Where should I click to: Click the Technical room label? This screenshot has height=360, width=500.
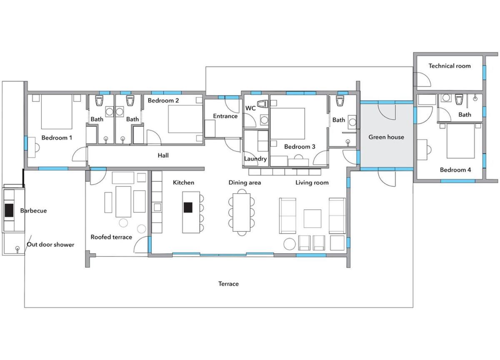450,66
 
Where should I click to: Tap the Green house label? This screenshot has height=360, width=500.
386,137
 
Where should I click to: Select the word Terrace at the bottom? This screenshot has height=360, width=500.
228,284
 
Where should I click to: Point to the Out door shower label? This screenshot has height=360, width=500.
50,245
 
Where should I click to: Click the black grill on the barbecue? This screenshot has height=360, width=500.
9,210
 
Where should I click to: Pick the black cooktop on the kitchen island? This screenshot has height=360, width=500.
188,207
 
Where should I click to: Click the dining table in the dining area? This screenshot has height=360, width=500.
241,212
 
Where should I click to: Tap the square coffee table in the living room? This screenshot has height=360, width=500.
312,218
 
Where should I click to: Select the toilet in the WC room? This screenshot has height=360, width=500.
262,104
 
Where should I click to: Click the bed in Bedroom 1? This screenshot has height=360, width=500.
57,112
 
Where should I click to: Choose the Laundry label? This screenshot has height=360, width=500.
255,159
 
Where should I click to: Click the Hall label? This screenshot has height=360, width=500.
163,155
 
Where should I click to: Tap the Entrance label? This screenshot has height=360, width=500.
225,116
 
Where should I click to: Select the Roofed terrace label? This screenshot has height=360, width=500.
111,237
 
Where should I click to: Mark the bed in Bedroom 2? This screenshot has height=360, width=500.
185,119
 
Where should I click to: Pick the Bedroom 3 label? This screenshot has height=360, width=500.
300,147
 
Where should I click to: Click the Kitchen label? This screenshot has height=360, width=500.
183,182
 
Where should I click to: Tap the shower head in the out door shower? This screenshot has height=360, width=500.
17,248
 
